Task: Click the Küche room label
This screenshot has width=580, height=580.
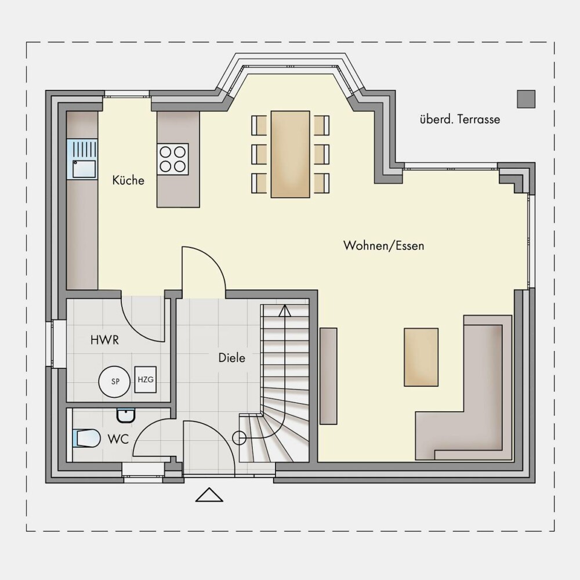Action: tap(128, 180)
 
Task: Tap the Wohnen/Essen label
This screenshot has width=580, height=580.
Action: tap(383, 245)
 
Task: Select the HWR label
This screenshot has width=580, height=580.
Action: tap(104, 340)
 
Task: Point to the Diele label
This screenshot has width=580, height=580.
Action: tap(232, 358)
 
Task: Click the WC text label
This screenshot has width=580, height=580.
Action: tap(118, 439)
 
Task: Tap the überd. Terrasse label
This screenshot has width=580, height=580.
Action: tap(460, 119)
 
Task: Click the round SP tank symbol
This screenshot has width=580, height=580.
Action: tap(115, 382)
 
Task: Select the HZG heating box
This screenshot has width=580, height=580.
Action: tap(146, 379)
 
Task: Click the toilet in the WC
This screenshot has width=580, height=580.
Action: tap(86, 438)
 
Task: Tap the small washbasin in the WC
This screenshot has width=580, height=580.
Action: tap(126, 415)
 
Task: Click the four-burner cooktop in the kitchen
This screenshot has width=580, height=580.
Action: tap(172, 159)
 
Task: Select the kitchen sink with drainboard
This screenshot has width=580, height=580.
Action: tap(82, 159)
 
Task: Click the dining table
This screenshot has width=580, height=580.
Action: tap(291, 154)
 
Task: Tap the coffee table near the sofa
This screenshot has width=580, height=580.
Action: tap(421, 357)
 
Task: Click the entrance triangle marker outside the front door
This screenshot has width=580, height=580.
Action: tap(209, 495)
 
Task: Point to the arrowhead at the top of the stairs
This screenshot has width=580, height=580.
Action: tap(285, 311)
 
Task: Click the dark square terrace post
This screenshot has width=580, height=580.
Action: tap(527, 99)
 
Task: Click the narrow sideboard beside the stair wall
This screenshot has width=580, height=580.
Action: tap(328, 376)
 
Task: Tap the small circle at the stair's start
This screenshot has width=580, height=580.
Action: tap(239, 438)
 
